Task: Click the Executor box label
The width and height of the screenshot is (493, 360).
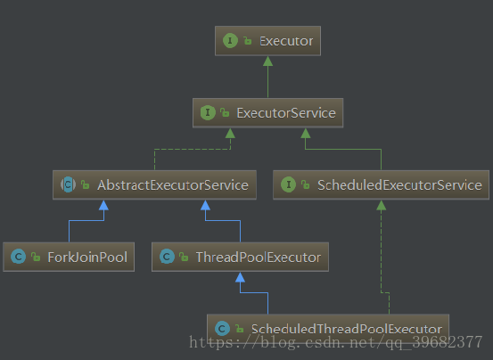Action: [x=286, y=41]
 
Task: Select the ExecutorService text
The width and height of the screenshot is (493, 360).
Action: [x=286, y=113]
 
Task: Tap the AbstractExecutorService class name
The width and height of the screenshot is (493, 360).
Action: [x=173, y=185]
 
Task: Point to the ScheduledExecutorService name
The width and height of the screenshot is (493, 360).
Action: [x=399, y=185]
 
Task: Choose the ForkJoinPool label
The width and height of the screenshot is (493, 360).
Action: [x=87, y=258]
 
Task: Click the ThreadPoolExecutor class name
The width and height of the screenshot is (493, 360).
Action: [x=259, y=258]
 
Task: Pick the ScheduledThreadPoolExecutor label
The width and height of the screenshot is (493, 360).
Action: [x=347, y=329]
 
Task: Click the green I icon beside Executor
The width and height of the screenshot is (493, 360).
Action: [x=230, y=41]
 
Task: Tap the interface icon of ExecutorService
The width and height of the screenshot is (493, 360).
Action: [x=208, y=113]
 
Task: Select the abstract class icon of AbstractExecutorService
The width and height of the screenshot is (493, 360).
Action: [x=69, y=184]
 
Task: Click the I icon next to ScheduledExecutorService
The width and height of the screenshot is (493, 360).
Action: [x=288, y=184]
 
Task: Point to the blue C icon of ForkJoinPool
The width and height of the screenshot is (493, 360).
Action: [x=18, y=257]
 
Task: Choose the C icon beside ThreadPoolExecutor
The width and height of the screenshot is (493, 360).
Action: [x=167, y=257]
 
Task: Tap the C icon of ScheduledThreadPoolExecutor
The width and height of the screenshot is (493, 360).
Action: [x=222, y=329]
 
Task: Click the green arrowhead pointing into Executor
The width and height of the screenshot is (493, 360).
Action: [x=267, y=61]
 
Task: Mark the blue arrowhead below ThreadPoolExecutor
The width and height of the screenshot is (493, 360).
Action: [x=240, y=277]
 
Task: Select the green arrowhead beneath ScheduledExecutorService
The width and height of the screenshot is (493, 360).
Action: [x=381, y=205]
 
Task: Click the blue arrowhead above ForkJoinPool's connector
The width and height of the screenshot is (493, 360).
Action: [x=103, y=205]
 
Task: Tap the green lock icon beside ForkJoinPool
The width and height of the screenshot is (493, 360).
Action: [x=36, y=257]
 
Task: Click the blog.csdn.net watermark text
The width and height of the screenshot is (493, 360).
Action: [x=336, y=342]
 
